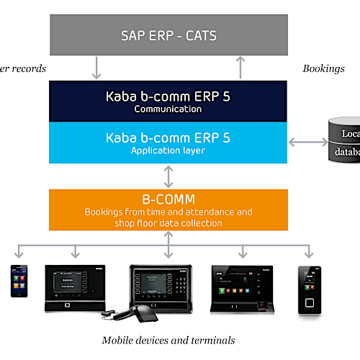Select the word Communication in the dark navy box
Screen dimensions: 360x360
(x=168, y=110)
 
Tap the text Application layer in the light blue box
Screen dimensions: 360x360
(x=168, y=150)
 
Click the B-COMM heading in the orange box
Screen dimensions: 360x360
(x=168, y=199)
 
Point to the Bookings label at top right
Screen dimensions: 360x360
(x=323, y=69)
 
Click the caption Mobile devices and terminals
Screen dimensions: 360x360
(x=168, y=340)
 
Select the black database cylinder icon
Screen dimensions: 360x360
(x=344, y=142)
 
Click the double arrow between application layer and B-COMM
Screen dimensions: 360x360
(x=168, y=176)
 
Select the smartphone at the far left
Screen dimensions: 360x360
(x=17, y=281)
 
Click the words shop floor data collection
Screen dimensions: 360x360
(x=168, y=222)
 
